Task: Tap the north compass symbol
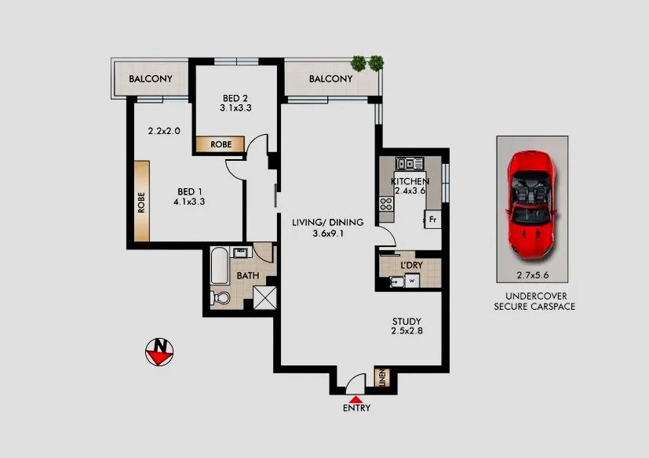160,351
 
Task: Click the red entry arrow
355,400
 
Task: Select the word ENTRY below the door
356,409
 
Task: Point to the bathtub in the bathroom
219,267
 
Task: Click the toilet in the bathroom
221,298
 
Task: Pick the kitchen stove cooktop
386,205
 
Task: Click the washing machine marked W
410,279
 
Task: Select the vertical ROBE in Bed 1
142,202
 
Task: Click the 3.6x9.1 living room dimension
316,233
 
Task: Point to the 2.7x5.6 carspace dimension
531,274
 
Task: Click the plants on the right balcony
367,63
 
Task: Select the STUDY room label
407,322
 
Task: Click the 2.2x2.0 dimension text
164,131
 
